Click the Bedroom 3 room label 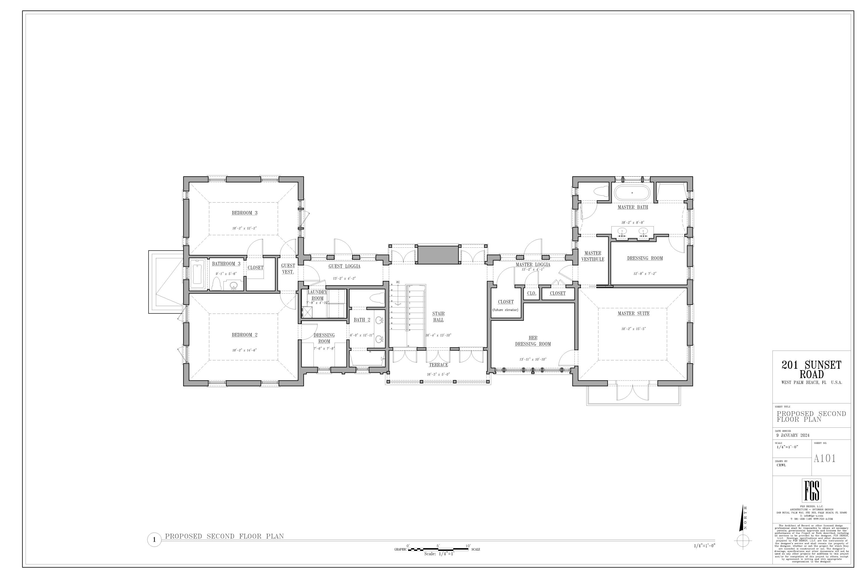pos(244,213)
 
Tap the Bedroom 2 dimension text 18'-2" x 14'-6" pos(244,350)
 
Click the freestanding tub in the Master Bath pos(632,192)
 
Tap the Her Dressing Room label pos(533,341)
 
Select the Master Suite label pos(633,313)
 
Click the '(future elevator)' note pos(505,310)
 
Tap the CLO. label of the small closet pos(531,293)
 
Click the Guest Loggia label pos(344,266)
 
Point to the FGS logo pos(811,491)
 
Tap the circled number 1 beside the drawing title pos(154,540)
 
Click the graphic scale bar pos(438,549)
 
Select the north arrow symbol pos(743,527)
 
